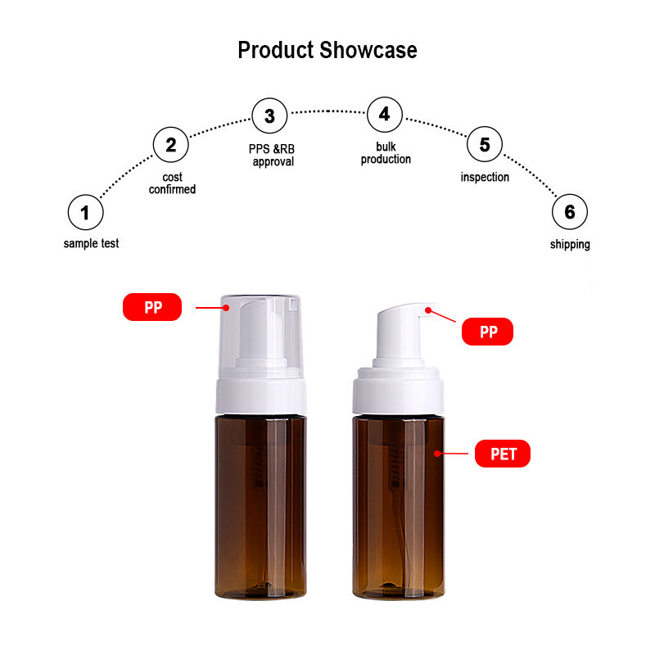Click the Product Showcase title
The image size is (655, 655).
[x=327, y=50]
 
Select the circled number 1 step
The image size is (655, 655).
[x=86, y=212]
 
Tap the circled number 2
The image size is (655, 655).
[x=171, y=145]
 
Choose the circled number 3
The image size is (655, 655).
[x=269, y=115]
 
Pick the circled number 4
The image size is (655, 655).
[x=385, y=115]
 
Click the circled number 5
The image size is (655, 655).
[x=485, y=144]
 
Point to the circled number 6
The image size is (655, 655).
[x=570, y=212]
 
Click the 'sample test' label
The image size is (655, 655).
[x=91, y=243]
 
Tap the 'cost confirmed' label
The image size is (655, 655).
[x=172, y=183]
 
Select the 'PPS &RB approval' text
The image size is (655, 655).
[x=272, y=155]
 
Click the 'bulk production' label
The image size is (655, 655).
[x=386, y=153]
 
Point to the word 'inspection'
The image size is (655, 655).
[x=485, y=177]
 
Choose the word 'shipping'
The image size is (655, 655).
[x=570, y=244]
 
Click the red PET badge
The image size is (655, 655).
[x=503, y=454]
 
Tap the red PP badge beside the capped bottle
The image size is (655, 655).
[x=152, y=307]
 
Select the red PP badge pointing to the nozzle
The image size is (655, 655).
[x=487, y=332]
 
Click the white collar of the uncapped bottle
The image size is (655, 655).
[x=398, y=391]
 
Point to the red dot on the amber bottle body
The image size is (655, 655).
[x=437, y=454]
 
